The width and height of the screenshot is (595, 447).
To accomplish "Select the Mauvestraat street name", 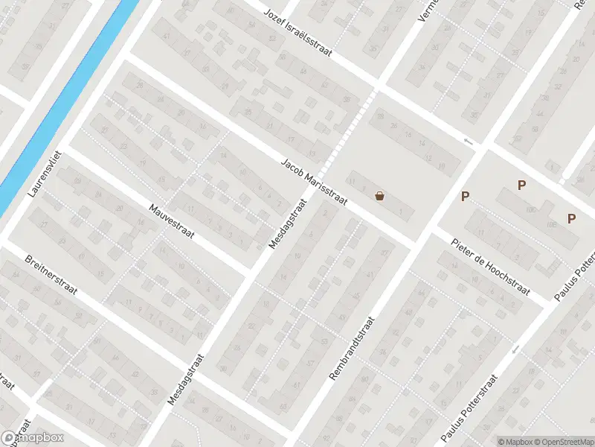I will point(171,222).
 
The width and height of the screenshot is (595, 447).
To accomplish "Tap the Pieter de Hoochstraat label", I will point(491,265).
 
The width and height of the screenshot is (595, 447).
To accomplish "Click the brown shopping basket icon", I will point(380,197).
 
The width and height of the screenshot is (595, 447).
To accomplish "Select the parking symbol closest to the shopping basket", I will point(466,197).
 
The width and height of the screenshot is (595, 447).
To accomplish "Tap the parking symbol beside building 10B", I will point(571,218).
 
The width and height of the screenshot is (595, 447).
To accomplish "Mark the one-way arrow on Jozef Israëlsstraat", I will point(468,141).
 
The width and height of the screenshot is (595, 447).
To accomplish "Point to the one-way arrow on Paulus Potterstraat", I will point(515,349).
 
